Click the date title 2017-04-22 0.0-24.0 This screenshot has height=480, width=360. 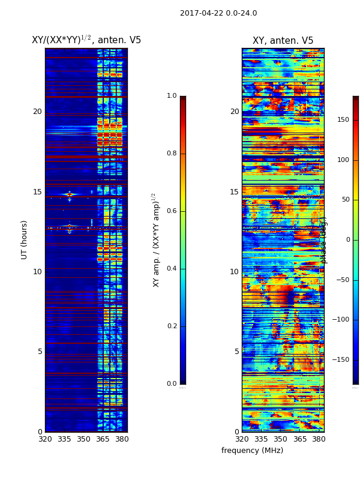[218, 13]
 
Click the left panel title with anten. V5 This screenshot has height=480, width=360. [86, 40]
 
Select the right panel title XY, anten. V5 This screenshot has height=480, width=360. [283, 41]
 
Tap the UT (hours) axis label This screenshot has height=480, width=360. [25, 239]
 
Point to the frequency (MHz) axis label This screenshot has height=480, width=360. [252, 451]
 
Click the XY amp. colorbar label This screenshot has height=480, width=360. [156, 239]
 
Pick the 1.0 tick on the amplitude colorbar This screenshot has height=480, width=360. [172, 96]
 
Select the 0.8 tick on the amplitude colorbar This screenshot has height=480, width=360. [172, 154]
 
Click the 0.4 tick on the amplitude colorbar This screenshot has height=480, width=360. [172, 269]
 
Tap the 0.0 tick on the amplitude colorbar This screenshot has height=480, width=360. [172, 384]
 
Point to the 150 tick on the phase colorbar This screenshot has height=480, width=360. [343, 120]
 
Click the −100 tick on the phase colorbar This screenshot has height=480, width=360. [341, 320]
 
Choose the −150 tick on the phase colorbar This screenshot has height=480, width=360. [341, 360]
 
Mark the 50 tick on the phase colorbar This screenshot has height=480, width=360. [345, 200]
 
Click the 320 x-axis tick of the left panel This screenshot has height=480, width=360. [45, 439]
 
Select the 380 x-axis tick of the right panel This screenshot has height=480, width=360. [318, 439]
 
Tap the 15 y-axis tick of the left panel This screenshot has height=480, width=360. [37, 192]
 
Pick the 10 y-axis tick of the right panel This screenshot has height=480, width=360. [234, 272]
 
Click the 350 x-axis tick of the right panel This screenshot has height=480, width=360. [280, 439]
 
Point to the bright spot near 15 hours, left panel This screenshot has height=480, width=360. [70, 194]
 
